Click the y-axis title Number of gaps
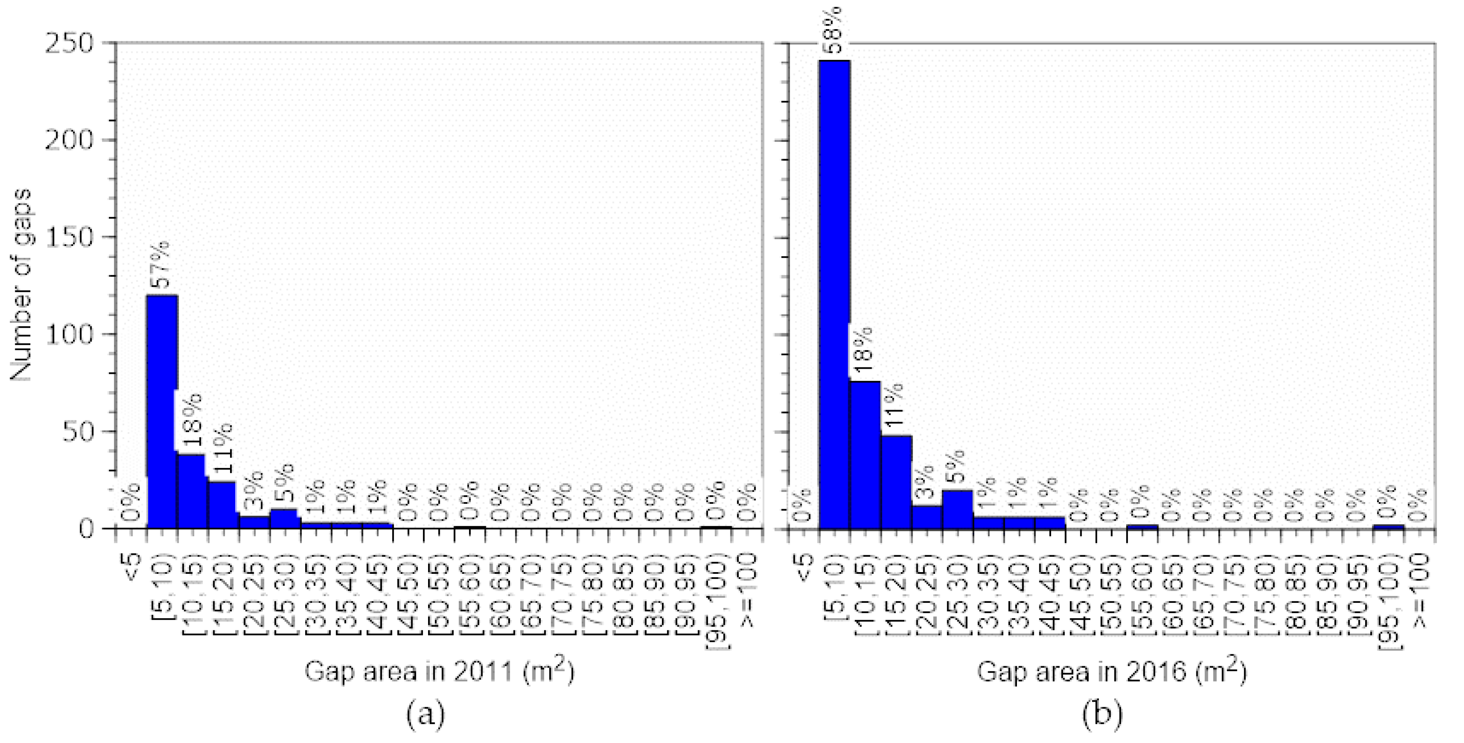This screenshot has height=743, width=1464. click(21, 285)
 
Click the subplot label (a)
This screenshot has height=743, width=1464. click(426, 714)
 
